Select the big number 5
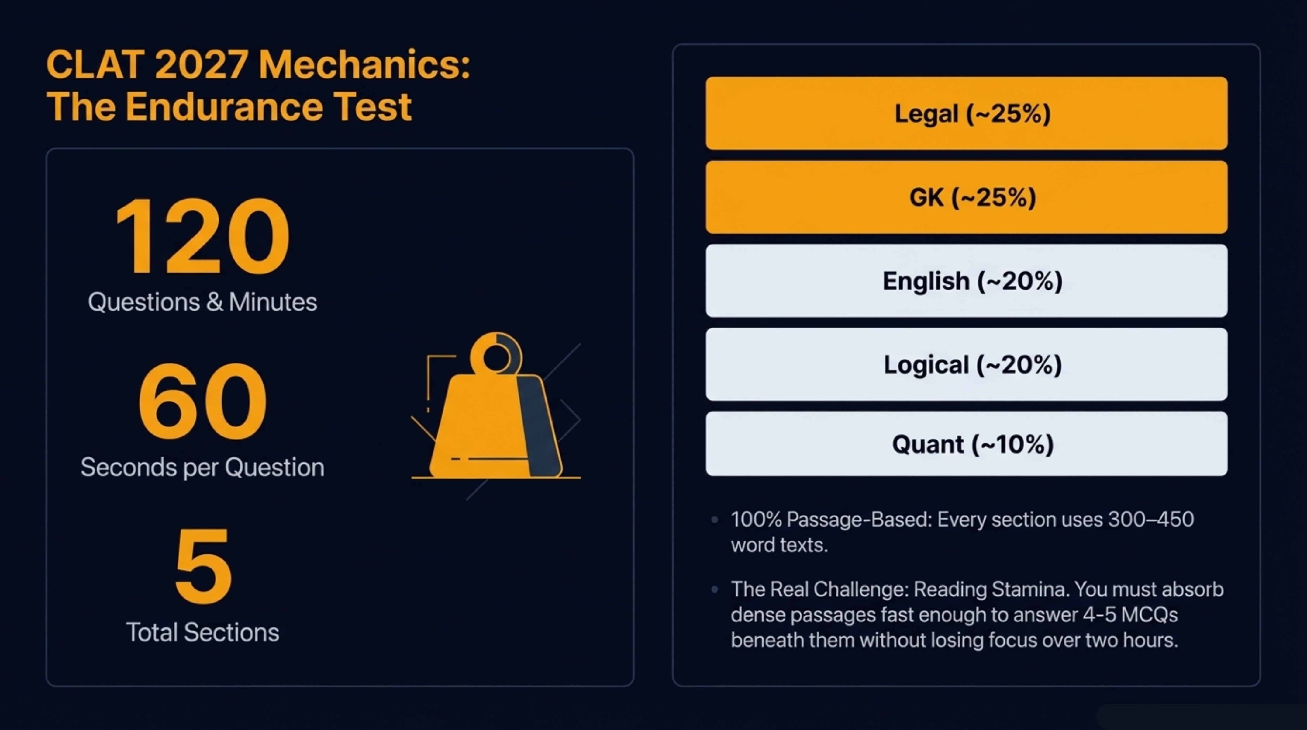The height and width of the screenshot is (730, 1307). point(203,566)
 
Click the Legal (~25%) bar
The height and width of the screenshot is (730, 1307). point(966,113)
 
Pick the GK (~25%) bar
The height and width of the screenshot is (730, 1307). point(966,197)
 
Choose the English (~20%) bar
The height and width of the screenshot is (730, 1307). point(966,281)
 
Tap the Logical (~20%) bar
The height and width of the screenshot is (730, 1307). point(966,364)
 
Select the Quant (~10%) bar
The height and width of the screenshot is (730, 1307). point(966,444)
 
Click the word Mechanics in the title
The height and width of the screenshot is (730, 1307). point(364,65)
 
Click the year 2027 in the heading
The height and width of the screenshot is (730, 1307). point(201,65)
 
